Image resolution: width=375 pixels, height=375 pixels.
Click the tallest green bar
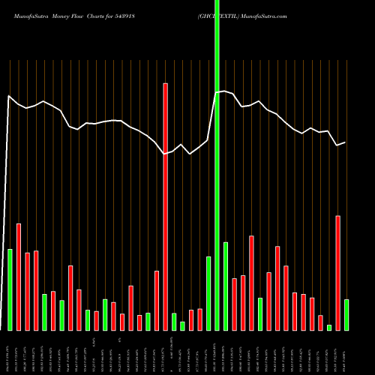(x=217, y=165)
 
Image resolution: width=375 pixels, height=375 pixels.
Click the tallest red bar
(x=165, y=206)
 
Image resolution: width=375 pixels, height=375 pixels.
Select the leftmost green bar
(x=10, y=289)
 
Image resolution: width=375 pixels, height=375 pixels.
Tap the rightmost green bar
(x=346, y=315)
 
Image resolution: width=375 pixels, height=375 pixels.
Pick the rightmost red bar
(x=337, y=273)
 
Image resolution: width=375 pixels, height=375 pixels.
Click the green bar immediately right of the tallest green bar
(x=225, y=286)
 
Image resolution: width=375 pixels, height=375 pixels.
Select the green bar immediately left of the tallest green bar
(x=208, y=293)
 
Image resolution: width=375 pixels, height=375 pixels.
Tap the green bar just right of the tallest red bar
(x=174, y=322)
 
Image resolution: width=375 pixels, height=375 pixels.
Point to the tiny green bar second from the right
(x=328, y=327)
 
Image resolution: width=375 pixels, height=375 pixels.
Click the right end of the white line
(x=345, y=142)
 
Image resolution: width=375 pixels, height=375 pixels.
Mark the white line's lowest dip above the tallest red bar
(x=166, y=154)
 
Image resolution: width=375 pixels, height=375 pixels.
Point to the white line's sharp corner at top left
(x=8, y=96)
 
